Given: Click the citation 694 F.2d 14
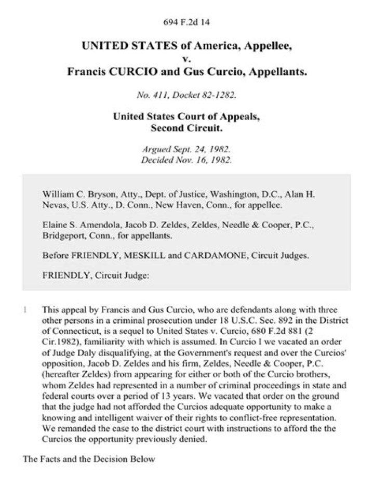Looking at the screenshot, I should pos(187,22).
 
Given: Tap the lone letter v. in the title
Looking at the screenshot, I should pos(187,58).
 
